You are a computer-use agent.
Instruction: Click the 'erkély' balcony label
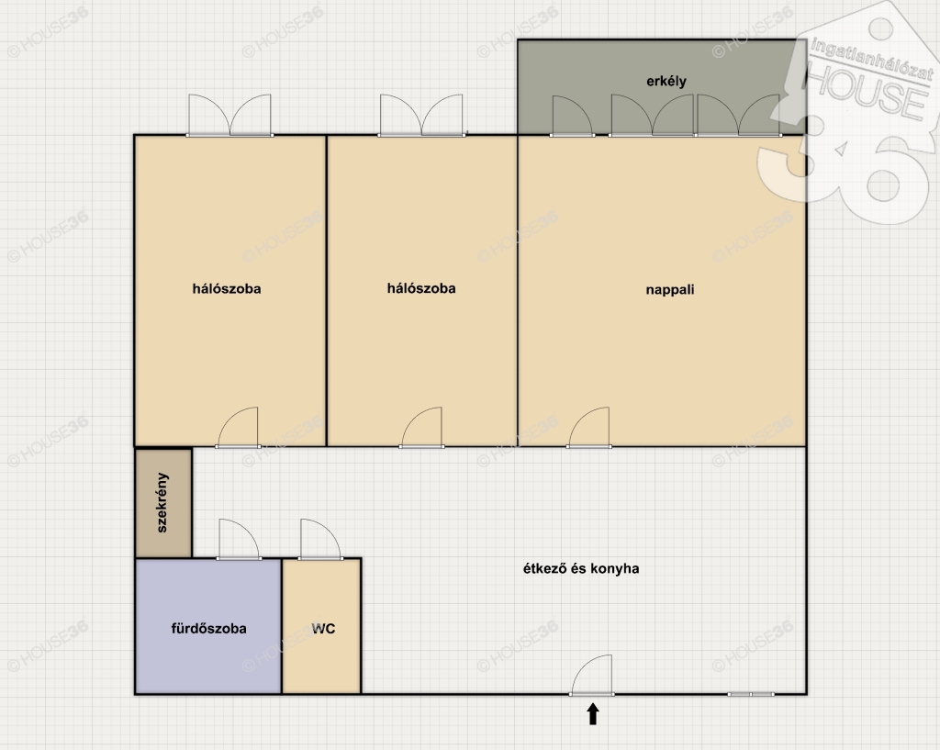coord(666,82)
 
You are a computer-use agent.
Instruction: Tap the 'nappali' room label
coord(669,290)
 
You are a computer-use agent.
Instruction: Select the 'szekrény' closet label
coord(162,502)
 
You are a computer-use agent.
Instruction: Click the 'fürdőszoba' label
coord(208,628)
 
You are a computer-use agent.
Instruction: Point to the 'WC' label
coord(323,628)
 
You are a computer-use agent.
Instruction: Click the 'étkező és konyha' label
coord(581,568)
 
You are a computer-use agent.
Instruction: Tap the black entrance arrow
coord(593,714)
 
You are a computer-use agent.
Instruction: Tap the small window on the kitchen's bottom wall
coord(751,694)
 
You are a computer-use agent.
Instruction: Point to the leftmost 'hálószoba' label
coord(227,289)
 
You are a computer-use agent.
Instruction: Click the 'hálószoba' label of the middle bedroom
coord(421,289)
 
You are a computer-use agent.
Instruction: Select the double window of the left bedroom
coord(229,115)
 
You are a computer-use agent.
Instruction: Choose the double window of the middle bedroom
coord(421,115)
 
